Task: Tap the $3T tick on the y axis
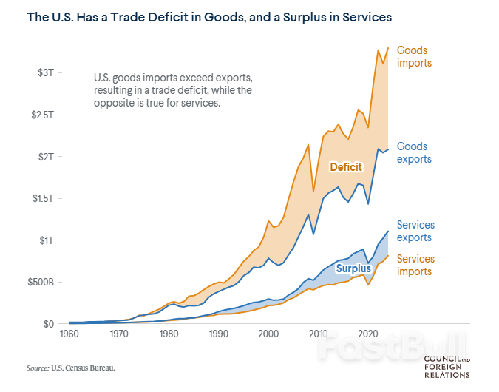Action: tap(44, 72)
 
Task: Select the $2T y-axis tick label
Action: tap(44, 157)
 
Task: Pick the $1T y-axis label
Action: tap(44, 240)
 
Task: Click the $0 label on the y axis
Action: tap(47, 324)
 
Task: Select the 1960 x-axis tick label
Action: tap(69, 334)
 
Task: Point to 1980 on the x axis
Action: tap(169, 334)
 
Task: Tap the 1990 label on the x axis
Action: tap(218, 334)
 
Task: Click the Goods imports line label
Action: tap(414, 57)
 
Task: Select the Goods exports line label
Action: tap(414, 153)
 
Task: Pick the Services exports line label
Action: tap(415, 232)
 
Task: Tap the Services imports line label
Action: tap(415, 266)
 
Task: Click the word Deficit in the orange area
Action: tap(346, 167)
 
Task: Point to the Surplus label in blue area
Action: tap(353, 268)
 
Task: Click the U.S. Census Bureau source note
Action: tap(72, 367)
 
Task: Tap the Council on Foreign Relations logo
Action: tap(447, 366)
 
